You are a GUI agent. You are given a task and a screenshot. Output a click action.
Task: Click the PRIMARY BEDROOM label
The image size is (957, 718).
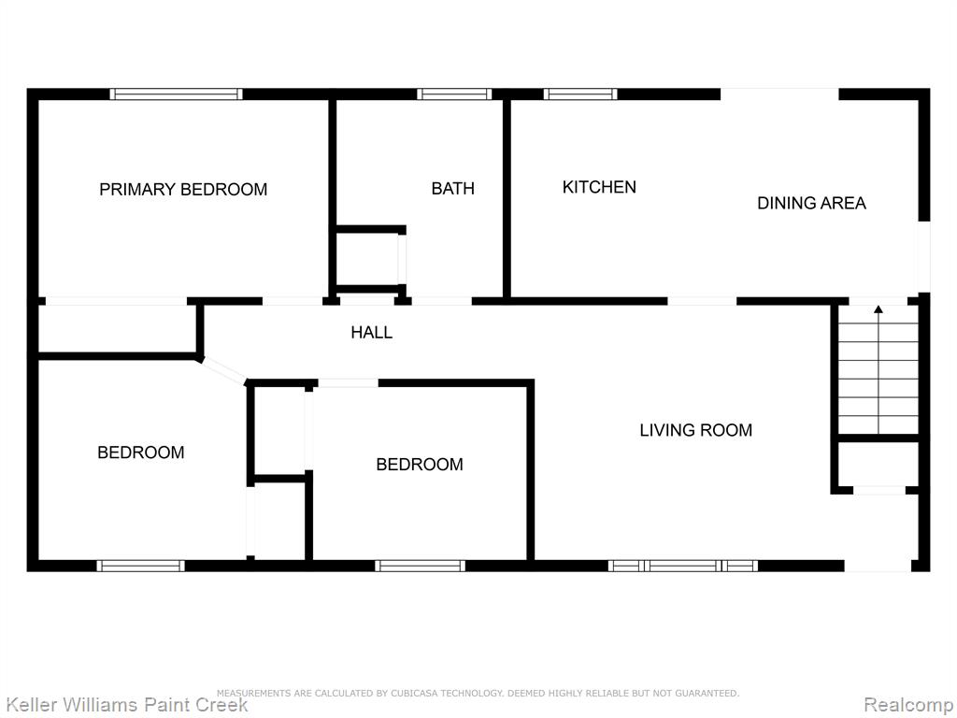pos(183,189)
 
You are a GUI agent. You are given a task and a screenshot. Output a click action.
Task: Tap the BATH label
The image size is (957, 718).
pos(453,188)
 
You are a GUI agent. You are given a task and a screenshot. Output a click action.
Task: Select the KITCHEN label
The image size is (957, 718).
pos(599,187)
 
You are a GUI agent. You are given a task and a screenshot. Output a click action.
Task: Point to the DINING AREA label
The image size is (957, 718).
pos(812,203)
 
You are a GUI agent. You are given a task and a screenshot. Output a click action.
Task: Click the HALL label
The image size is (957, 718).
pos(372,332)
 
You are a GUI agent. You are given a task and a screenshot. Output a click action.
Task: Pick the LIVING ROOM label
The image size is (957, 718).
pos(695,430)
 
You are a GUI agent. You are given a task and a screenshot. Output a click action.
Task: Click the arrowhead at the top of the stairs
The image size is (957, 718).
pos(878,309)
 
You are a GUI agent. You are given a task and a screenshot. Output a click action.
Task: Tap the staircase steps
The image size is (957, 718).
pos(878,369)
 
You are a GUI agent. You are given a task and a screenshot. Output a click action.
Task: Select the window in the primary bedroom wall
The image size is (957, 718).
pos(177,94)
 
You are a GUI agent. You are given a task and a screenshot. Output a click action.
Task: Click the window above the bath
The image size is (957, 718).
pos(455,94)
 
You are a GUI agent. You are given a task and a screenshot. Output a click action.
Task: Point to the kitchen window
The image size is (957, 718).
pos(580,94)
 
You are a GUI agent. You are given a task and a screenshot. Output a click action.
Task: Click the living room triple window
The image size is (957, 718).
pos(683,566)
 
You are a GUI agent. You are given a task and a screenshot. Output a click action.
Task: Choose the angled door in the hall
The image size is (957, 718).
pos(222,370)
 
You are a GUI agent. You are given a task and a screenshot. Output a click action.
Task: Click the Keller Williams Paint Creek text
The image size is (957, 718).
pos(127,705)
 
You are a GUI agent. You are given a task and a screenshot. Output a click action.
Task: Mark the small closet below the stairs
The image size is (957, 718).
pos(878,464)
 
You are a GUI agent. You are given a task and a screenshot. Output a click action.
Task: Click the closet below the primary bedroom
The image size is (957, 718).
pos(117,328)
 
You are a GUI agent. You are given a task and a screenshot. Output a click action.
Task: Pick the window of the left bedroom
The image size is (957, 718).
pos(140,566)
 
